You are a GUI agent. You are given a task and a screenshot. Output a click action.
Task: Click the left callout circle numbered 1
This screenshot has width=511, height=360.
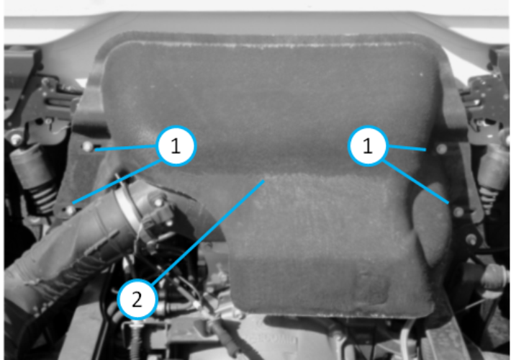(176, 145)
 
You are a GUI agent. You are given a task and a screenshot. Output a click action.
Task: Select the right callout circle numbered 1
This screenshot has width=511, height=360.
(368, 145)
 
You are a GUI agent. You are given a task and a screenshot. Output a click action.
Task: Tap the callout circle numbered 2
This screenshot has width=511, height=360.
(137, 299)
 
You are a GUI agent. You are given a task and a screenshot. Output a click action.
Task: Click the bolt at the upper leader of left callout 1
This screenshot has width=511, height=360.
(87, 146)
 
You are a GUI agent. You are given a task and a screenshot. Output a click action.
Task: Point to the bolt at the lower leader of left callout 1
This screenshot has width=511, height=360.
(69, 210)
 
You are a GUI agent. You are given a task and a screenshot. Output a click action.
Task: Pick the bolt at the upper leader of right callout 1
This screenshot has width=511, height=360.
(441, 149)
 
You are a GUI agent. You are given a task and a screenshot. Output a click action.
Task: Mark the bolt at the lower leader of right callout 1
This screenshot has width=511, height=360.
(458, 212)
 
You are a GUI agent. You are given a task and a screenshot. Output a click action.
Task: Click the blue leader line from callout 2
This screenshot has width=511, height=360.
(208, 232)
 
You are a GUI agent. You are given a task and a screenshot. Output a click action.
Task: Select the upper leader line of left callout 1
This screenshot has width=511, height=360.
(126, 148)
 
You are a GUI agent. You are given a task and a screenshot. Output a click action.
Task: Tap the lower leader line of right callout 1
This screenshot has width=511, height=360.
(415, 181)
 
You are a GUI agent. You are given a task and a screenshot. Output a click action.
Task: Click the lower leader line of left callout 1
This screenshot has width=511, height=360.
(117, 181)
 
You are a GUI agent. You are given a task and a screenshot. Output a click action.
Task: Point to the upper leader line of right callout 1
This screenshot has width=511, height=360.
(407, 148)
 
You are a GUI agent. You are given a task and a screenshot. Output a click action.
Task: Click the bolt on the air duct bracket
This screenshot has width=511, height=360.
(158, 202)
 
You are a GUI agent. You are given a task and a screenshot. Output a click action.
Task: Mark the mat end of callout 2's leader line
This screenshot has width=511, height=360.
(263, 180)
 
